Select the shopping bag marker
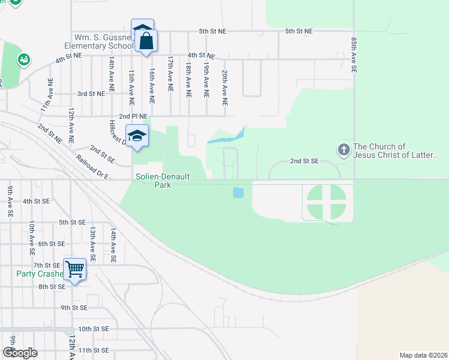pos(146,41)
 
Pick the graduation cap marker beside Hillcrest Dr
pos(137,136)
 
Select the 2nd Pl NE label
pos(133,116)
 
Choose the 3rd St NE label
pos(91,94)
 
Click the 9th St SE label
pos(74,307)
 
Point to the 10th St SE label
pos(93,329)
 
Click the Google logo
pos(20,353)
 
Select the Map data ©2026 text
pos(424,355)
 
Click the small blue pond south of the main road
pos(238,193)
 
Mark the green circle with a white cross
pos(327,202)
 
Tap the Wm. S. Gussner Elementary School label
pos(98,41)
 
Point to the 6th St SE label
pos(51,244)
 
